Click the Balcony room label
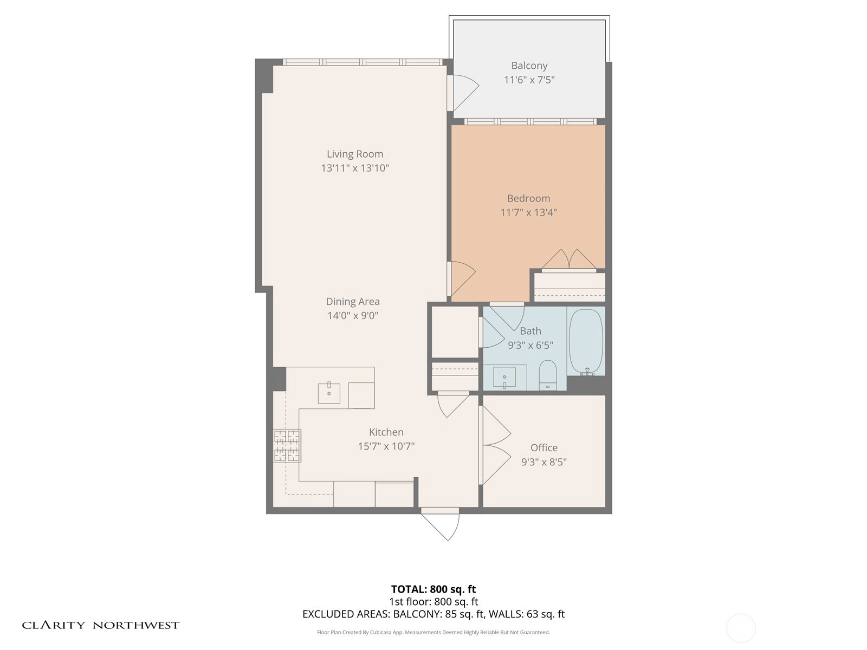point(529,66)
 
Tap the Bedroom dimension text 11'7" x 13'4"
point(528,212)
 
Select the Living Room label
point(355,154)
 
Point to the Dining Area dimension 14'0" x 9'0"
point(353,315)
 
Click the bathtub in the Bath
point(586,341)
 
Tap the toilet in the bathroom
point(547,375)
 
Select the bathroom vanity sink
point(504,377)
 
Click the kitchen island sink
point(328,393)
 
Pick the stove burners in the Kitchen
point(287,446)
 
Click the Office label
point(544,447)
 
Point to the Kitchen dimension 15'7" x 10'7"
point(386,446)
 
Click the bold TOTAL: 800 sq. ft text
point(433,589)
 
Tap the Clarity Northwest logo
point(101,625)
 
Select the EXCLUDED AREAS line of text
point(433,614)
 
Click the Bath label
point(530,331)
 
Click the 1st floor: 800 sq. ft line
point(433,601)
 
